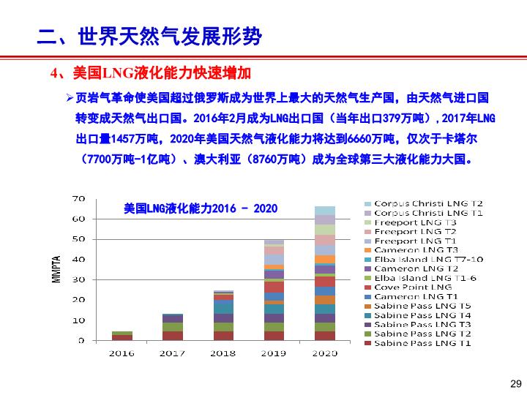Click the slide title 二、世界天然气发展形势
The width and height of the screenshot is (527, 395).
click(149, 36)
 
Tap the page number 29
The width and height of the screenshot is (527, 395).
click(515, 384)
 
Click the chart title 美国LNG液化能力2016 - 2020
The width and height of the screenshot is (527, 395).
click(201, 209)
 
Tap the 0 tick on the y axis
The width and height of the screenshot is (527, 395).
click(82, 341)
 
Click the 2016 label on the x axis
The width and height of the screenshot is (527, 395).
click(122, 353)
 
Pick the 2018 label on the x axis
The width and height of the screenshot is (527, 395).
click(223, 353)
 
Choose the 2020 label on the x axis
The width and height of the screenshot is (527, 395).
click(325, 353)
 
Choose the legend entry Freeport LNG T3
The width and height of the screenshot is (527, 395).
click(415, 222)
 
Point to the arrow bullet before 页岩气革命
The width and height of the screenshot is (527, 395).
click(70, 98)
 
